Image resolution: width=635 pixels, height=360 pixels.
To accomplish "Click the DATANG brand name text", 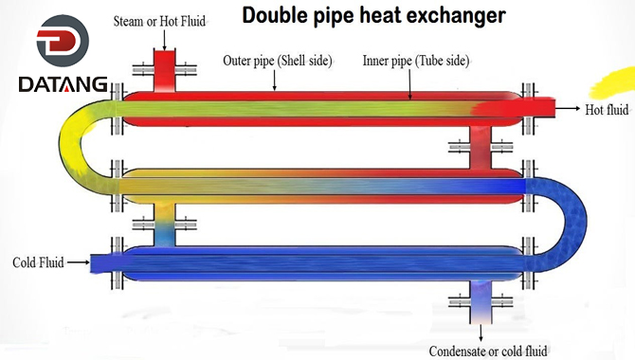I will tap(63, 86).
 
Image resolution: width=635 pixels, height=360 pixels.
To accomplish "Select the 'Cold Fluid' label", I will tap(37, 261).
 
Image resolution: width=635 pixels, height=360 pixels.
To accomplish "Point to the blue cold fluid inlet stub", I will tap(102, 261).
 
